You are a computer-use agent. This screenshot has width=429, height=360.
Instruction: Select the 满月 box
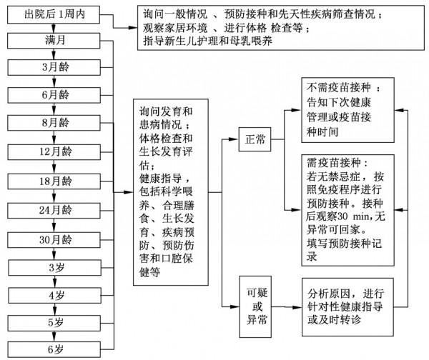[x=54, y=41]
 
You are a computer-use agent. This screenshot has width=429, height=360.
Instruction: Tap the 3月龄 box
[x=54, y=68]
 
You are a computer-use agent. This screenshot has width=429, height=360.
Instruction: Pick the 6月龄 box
[x=54, y=94]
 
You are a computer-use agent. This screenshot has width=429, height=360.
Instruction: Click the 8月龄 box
[x=54, y=123]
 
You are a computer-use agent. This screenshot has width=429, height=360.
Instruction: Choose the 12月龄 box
[x=54, y=151]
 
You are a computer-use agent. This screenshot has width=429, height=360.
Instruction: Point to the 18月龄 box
[x=54, y=180]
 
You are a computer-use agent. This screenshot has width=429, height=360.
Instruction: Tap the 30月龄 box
[x=54, y=239]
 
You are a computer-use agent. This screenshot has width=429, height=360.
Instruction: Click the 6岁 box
[x=54, y=349]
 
